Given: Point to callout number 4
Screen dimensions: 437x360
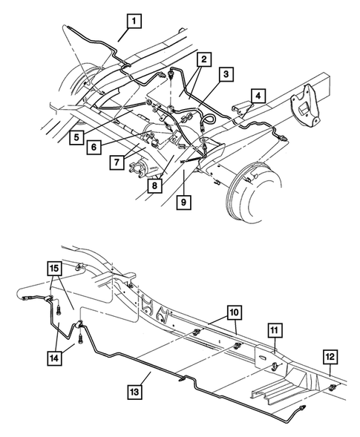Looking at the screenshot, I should point(258,96).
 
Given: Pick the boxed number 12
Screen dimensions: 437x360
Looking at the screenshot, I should point(330,358).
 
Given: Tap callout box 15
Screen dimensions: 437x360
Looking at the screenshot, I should point(55,268).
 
